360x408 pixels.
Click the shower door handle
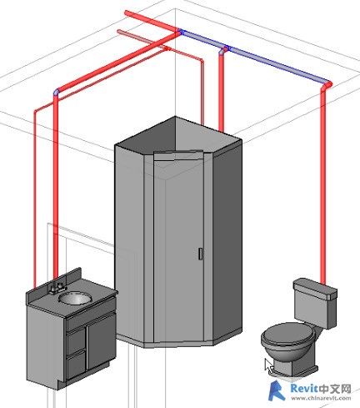[200, 254]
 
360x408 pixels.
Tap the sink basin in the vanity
[75, 298]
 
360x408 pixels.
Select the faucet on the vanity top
[57, 288]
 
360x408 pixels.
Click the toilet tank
[315, 303]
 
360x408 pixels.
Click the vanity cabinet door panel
[101, 341]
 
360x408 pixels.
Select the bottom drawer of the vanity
[76, 365]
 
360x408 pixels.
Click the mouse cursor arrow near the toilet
[268, 365]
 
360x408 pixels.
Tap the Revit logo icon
[277, 390]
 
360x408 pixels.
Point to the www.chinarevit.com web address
[321, 398]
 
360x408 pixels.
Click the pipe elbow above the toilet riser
[326, 86]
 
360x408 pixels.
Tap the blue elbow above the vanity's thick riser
[57, 92]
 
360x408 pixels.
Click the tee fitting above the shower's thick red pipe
[223, 49]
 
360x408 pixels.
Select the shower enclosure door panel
[179, 244]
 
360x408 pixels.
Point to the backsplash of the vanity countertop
[54, 281]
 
